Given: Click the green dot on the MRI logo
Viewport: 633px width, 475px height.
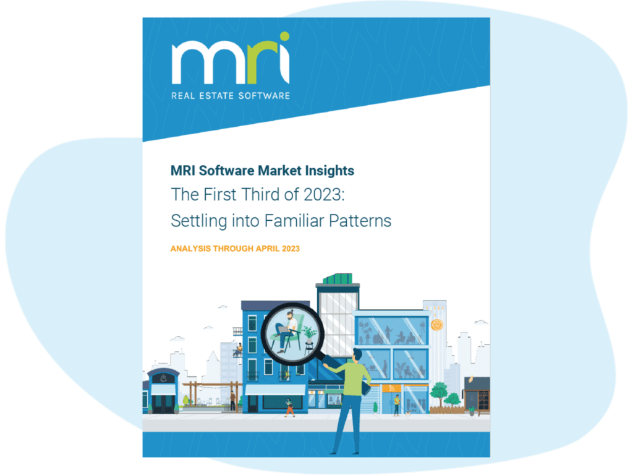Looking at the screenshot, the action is (x=284, y=36).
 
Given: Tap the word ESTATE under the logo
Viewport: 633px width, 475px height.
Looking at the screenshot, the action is (x=217, y=96).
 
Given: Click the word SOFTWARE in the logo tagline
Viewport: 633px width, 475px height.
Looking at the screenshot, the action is (x=264, y=96).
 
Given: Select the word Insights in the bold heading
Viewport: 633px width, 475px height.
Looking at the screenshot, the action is (x=329, y=171).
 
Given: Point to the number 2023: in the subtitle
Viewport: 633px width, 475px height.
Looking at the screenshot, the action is (x=324, y=194).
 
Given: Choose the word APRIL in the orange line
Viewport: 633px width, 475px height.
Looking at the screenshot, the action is (x=268, y=249).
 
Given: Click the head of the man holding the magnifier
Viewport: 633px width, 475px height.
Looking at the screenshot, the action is (x=356, y=354).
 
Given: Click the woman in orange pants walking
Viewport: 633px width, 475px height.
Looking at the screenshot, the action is (x=289, y=408).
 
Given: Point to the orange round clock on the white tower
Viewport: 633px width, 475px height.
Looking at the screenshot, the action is (x=437, y=324).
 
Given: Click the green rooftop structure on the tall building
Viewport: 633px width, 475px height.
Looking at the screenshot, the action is (x=338, y=278).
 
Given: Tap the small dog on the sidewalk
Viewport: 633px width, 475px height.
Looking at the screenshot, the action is (x=408, y=413).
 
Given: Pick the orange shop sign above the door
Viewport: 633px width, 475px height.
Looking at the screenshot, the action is (x=391, y=388).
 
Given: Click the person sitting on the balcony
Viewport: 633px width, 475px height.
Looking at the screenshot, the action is (x=239, y=349).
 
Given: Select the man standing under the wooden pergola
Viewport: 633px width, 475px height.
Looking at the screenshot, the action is (x=232, y=401).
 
